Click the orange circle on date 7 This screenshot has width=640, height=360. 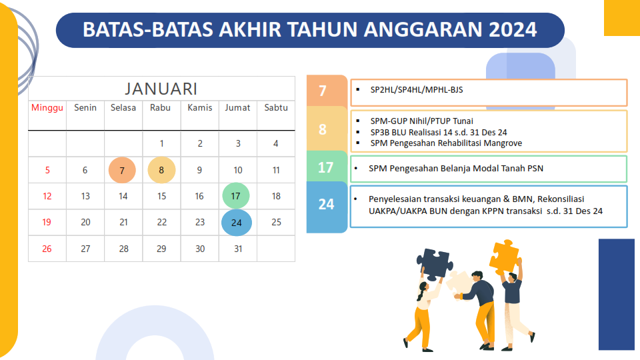[x=122, y=170]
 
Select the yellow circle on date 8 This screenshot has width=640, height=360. [x=161, y=170]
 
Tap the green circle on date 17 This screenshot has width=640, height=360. [x=236, y=196]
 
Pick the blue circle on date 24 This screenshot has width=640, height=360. [x=237, y=223]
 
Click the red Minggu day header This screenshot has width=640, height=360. [x=47, y=108]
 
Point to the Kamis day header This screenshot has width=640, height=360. [x=200, y=108]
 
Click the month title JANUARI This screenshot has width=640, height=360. [x=161, y=89]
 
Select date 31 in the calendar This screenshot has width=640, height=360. [x=239, y=249]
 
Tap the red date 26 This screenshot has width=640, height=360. [x=47, y=249]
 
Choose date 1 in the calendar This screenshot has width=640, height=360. [x=161, y=144]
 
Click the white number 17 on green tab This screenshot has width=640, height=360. [x=326, y=167]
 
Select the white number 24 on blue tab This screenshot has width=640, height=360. [x=326, y=204]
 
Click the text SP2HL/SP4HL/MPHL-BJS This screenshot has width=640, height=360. [x=417, y=90]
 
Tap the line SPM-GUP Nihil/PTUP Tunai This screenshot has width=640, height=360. [x=422, y=121]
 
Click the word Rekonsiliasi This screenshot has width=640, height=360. [x=561, y=199]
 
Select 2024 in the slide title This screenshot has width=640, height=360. [x=513, y=29]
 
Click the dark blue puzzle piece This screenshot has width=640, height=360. [x=434, y=265]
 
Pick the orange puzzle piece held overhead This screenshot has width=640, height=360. [x=505, y=255]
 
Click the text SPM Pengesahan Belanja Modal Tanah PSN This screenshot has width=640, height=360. [x=456, y=168]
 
